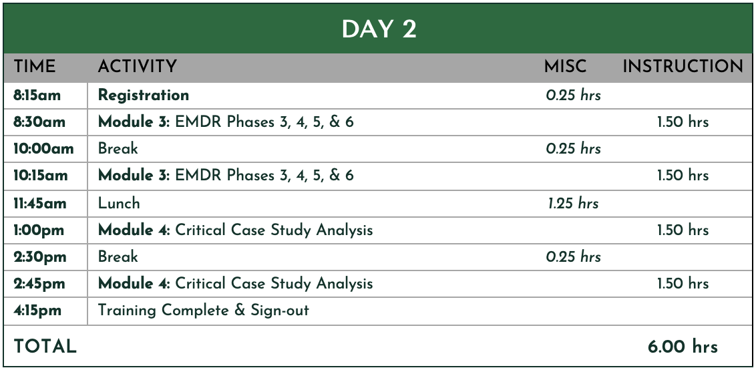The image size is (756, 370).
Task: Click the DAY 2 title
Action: (x=379, y=29)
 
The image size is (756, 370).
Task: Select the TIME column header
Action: (x=34, y=67)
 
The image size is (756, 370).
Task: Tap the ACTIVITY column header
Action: (x=138, y=67)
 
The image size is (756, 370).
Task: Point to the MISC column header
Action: (x=565, y=67)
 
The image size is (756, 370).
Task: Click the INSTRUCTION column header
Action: (x=683, y=67)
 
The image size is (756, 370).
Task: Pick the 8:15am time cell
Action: (x=37, y=96)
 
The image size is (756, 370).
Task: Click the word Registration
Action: (x=143, y=96)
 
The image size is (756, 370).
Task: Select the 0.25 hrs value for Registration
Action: (x=573, y=96)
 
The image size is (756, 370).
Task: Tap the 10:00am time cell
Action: (x=43, y=148)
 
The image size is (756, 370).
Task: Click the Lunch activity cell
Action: (x=119, y=203)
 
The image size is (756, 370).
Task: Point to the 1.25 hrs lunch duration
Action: (x=573, y=203)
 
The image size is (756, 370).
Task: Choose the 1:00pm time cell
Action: (x=39, y=230)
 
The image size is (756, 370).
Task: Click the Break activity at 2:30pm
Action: (x=118, y=256)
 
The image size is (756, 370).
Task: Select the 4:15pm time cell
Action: (x=37, y=310)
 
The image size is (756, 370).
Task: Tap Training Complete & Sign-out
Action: (x=203, y=310)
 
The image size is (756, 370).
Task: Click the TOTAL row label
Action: (x=45, y=347)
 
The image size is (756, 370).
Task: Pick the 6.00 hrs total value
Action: (x=683, y=347)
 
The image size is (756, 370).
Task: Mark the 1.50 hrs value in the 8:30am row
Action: (x=683, y=122)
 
